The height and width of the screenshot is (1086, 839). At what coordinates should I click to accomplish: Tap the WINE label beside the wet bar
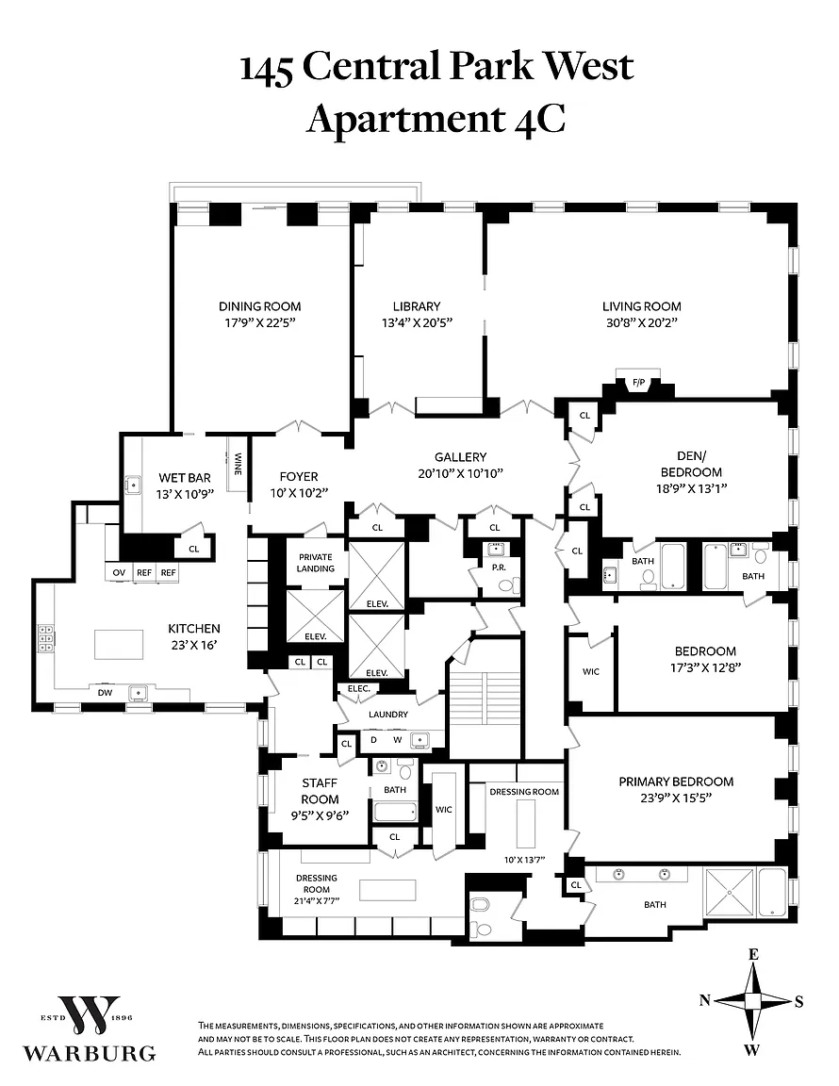(239, 463)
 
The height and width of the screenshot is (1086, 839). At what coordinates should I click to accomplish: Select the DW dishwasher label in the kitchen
(105, 693)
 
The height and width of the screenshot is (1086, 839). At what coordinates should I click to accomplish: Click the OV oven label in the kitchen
(120, 572)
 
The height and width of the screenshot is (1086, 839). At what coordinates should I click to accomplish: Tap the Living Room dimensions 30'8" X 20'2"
(641, 322)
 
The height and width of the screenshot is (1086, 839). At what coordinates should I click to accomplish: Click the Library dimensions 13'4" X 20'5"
(416, 322)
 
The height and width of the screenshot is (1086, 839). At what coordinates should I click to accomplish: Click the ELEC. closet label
(358, 688)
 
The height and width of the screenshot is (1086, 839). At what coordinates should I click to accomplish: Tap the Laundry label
(388, 715)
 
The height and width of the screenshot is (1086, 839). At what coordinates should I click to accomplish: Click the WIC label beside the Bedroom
(591, 672)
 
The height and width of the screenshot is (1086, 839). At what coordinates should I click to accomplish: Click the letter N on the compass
(704, 1001)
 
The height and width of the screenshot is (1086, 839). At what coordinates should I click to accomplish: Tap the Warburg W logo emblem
(89, 1016)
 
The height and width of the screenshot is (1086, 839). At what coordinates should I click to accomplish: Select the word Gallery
(460, 456)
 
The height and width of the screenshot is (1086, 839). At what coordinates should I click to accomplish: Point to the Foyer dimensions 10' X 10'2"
(299, 492)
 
